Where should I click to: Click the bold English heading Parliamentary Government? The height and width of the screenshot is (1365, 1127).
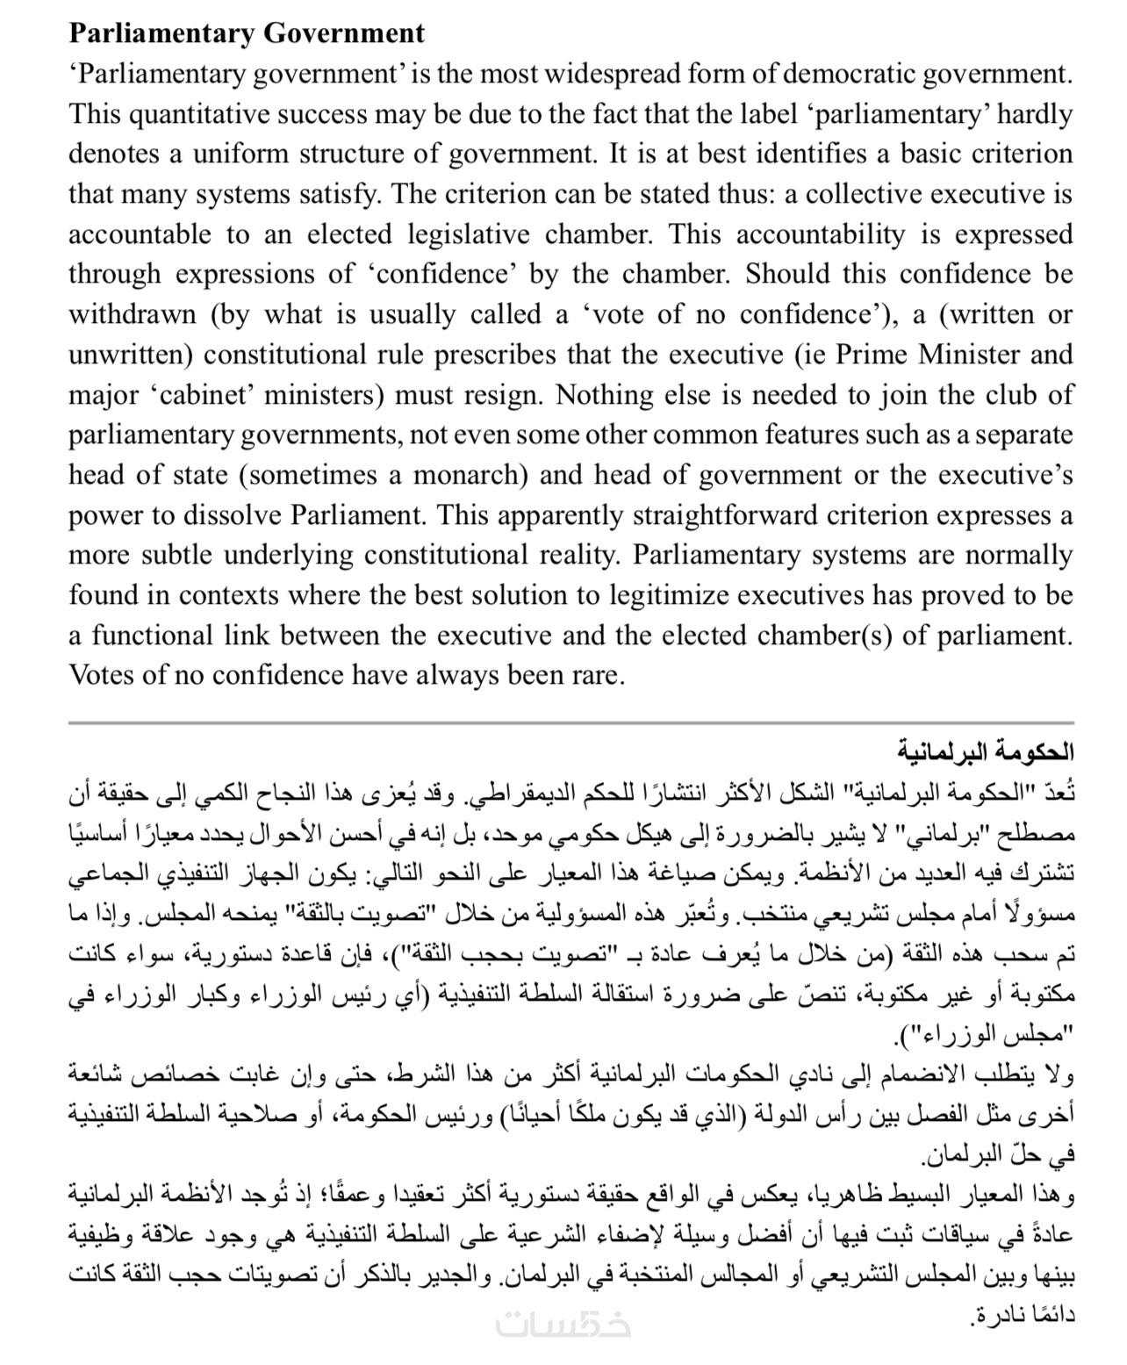pyautogui.click(x=247, y=33)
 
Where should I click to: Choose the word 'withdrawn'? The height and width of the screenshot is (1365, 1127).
pyautogui.click(x=133, y=314)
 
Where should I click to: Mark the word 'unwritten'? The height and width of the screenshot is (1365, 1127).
pyautogui.click(x=127, y=355)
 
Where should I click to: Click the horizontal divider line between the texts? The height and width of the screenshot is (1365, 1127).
pyautogui.click(x=571, y=722)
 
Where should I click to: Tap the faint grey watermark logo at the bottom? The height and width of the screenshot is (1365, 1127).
pyautogui.click(x=563, y=1325)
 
